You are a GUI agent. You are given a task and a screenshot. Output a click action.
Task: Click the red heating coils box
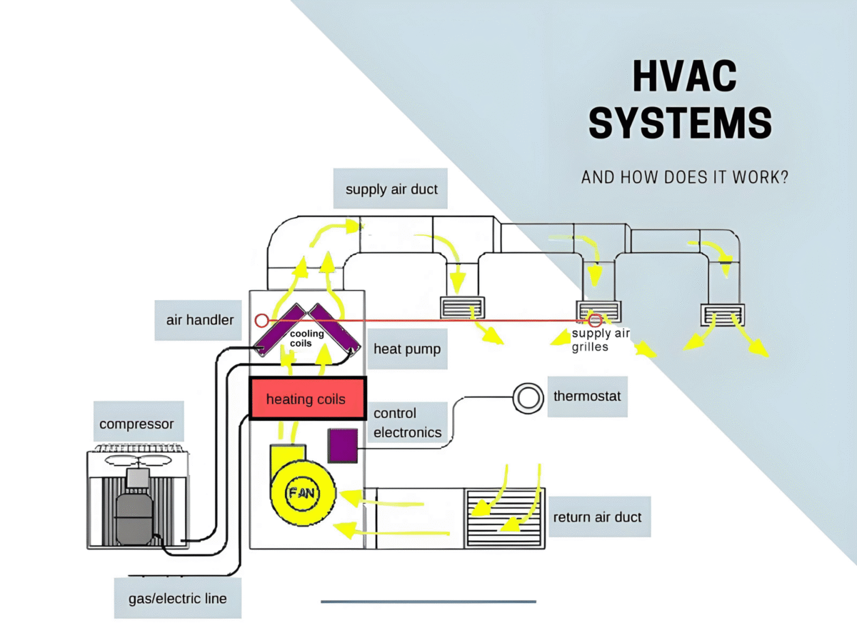coord(307,399)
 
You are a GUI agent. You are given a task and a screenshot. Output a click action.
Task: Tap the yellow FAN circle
coord(301,493)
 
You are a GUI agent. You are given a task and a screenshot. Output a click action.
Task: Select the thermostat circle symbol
coord(528,397)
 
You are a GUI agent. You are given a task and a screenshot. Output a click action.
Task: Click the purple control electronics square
coord(342,445)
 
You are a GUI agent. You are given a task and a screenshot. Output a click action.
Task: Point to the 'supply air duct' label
coord(391,189)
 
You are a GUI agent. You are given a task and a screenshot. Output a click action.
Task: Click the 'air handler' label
coord(200,320)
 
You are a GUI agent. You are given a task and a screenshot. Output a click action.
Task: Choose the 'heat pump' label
coord(407,349)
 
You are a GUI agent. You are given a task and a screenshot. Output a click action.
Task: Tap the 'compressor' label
coord(136,424)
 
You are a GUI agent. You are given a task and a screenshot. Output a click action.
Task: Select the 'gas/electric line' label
coord(177,597)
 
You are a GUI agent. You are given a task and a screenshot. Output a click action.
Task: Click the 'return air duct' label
coord(597,517)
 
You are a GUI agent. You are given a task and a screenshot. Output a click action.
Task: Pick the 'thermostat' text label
coord(588,397)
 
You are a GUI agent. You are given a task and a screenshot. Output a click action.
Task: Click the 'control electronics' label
coord(407,423)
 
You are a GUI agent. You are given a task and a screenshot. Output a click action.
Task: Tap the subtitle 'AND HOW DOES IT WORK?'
coord(685,177)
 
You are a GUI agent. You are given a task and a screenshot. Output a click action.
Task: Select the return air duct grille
coord(503,518)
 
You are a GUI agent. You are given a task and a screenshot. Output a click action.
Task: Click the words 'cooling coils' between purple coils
coord(306,339)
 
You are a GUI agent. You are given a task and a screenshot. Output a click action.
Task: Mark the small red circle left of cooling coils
coord(262,321)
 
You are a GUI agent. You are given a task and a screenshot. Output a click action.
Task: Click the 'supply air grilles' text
coord(600,340)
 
